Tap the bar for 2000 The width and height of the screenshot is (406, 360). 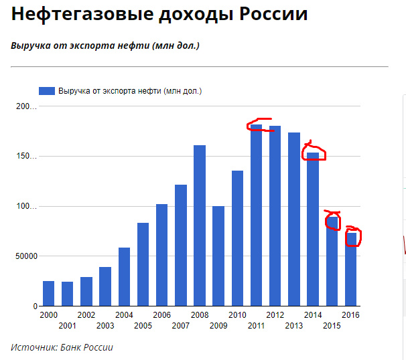point(49,293)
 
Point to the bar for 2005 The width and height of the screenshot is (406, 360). point(143,264)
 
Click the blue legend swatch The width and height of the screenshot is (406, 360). point(47,91)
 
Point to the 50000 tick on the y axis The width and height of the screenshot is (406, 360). point(25,256)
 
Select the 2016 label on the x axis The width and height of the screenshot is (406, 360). point(350,315)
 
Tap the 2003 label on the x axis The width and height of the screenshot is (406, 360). point(105,325)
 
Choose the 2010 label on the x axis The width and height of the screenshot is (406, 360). point(237,315)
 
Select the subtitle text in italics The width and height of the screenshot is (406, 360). point(105,46)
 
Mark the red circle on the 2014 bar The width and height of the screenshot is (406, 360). point(314,152)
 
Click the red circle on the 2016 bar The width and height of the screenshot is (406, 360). point(353,236)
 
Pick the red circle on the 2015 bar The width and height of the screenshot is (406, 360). point(333,220)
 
